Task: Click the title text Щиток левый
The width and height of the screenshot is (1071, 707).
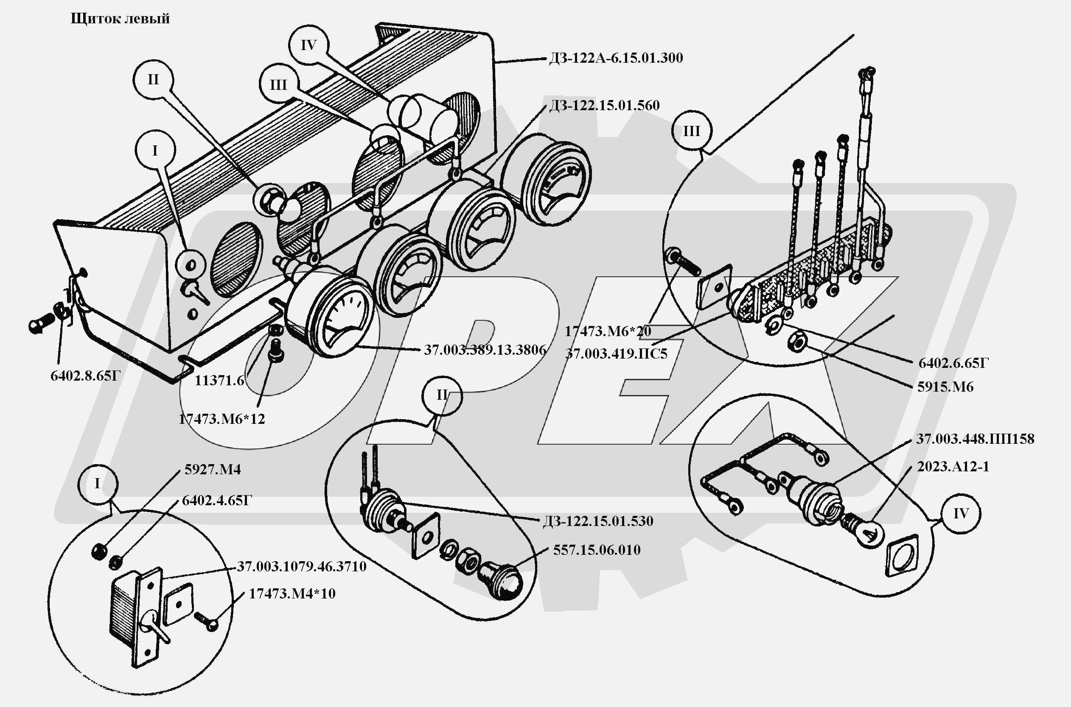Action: tap(120, 19)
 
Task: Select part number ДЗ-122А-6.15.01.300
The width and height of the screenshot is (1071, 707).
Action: tap(616, 58)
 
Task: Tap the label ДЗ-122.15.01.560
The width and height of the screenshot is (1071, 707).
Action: tap(604, 106)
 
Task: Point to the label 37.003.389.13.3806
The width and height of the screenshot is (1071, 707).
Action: tap(485, 350)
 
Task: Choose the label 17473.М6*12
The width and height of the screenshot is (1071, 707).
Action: tap(221, 419)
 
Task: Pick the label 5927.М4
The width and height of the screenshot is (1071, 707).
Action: tap(213, 470)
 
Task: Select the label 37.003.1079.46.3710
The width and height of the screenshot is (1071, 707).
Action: tap(301, 566)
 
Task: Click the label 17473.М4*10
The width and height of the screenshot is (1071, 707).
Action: tap(292, 594)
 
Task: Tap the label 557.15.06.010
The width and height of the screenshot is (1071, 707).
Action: tap(597, 550)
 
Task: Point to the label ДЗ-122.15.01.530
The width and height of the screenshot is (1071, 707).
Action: tap(597, 521)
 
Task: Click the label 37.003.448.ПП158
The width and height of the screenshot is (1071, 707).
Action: tap(975, 439)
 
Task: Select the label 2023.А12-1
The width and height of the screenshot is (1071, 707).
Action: tap(953, 466)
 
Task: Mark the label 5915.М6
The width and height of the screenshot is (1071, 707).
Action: tap(945, 387)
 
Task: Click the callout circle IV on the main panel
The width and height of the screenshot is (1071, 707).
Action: tap(309, 45)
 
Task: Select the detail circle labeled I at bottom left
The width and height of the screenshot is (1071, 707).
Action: tap(98, 484)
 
